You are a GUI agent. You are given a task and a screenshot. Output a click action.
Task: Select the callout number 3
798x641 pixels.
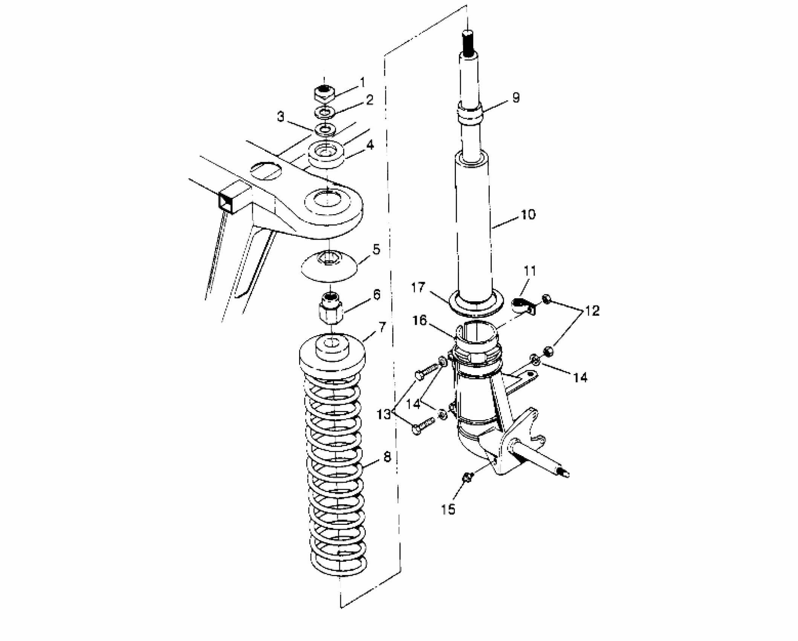tap(281, 117)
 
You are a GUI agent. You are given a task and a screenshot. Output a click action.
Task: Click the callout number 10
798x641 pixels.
tap(528, 215)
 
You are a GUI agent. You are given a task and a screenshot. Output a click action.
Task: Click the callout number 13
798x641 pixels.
tap(384, 415)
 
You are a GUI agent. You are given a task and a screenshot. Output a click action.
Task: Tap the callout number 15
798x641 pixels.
tap(449, 509)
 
